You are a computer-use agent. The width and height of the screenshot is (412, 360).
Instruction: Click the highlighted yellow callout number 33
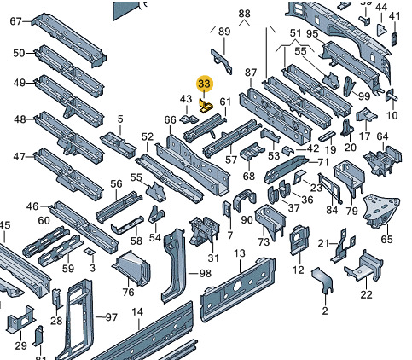205,84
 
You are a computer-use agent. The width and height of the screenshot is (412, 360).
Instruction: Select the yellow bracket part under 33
206,106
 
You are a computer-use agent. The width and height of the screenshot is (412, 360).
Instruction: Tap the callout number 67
15,21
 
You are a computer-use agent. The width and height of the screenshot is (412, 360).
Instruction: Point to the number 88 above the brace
244,14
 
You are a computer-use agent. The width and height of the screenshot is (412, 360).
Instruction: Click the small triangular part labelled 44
380,30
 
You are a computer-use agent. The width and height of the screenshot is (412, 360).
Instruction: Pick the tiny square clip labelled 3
90,251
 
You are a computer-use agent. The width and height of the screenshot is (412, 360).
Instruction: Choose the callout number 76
128,292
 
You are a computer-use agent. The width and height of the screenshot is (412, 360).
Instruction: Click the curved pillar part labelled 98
172,265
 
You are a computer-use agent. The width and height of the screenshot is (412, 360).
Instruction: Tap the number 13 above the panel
240,253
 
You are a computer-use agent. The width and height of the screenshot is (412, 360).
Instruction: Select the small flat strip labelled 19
327,136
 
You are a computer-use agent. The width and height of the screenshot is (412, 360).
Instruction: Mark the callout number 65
386,239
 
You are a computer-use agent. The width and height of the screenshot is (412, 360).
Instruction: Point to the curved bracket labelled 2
322,280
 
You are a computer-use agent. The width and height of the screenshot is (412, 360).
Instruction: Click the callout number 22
366,294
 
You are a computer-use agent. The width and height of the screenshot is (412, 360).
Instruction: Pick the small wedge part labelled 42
287,150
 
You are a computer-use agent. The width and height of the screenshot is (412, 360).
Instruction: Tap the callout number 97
111,316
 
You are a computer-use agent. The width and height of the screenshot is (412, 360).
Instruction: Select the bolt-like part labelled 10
392,95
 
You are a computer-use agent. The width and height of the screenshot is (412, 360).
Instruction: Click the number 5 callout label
120,119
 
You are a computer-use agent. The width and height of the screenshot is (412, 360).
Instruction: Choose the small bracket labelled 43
189,119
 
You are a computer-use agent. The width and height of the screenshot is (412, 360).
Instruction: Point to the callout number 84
332,210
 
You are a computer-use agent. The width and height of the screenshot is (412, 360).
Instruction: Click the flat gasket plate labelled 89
222,61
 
